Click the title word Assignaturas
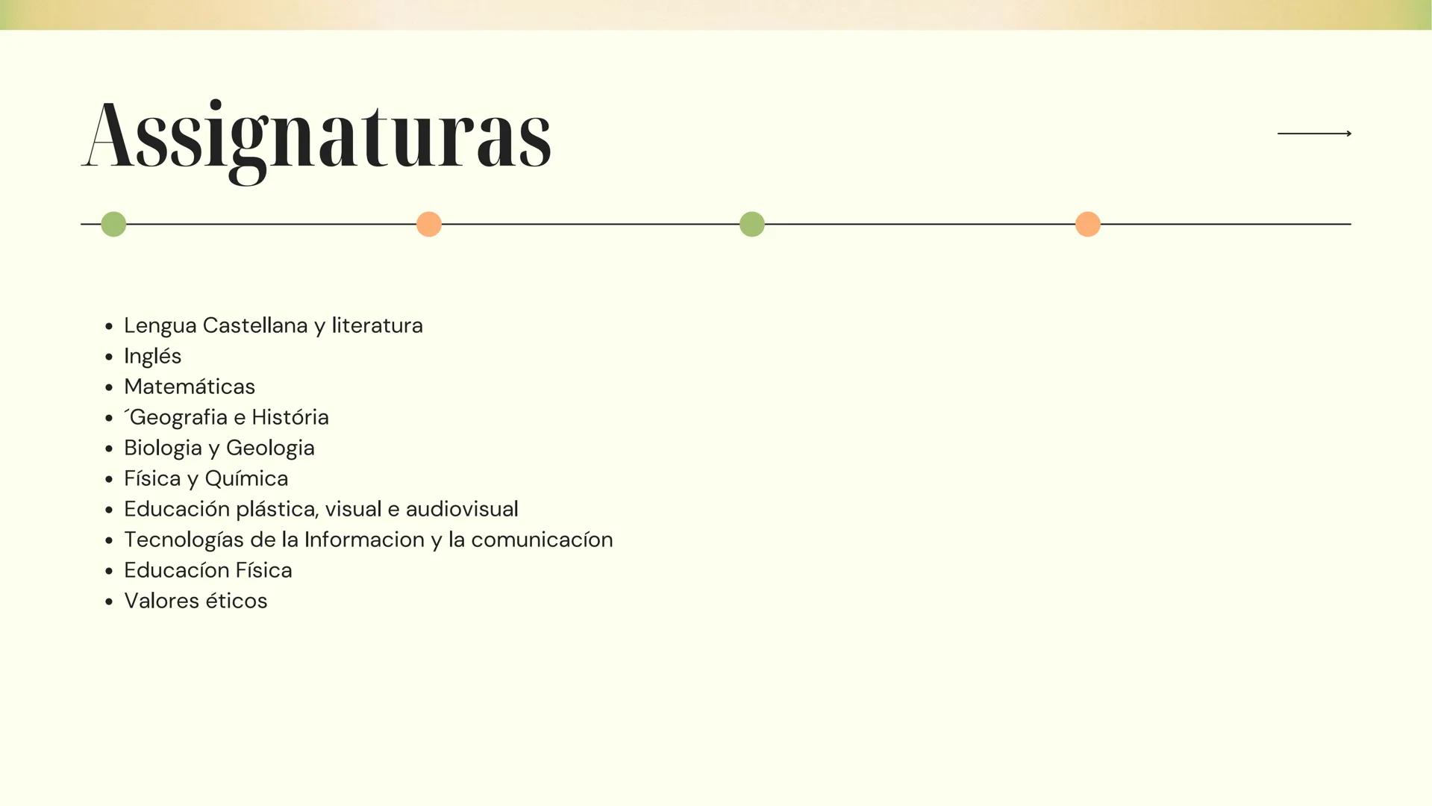pyautogui.click(x=316, y=138)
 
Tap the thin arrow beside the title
pyautogui.click(x=1314, y=134)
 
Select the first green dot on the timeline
pyautogui.click(x=113, y=224)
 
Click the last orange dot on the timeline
pyautogui.click(x=1088, y=224)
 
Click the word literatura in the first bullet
pyautogui.click(x=377, y=325)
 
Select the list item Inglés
pyautogui.click(x=153, y=356)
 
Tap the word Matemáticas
pyautogui.click(x=190, y=387)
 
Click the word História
pyautogui.click(x=290, y=417)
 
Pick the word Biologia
pyautogui.click(x=163, y=448)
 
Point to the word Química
pyautogui.click(x=246, y=478)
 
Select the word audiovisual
pyautogui.click(x=462, y=509)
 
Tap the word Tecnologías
pyautogui.click(x=184, y=540)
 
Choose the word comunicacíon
pyautogui.click(x=542, y=540)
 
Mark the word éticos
pyautogui.click(x=234, y=601)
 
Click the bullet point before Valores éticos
pyautogui.click(x=109, y=602)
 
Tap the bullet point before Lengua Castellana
pyautogui.click(x=109, y=326)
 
